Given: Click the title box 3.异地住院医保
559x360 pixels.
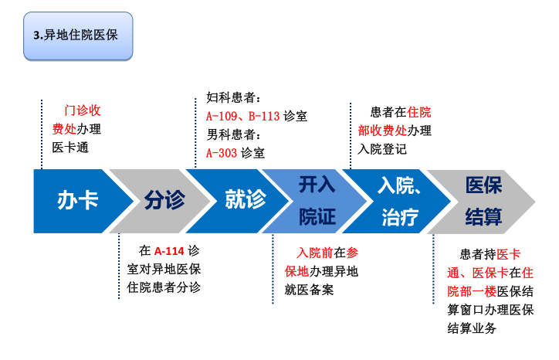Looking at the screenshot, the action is pos(78,36).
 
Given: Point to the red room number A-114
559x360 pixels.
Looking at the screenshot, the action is pos(169,251).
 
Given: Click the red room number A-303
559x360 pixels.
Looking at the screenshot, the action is pos(222,153).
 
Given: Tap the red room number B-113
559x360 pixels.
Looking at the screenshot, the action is pos(264,116).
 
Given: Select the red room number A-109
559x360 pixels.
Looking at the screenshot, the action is pos(222,116).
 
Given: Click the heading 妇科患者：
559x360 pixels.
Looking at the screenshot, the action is pos(234,97).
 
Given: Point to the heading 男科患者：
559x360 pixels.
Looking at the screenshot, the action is pos(234,134).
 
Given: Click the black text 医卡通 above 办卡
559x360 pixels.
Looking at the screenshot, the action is pos(70,148).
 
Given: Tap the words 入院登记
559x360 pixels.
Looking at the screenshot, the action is pos(382,149).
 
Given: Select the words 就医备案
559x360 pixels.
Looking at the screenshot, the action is pos(309,290).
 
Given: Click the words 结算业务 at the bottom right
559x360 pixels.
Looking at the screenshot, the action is pos(472,328).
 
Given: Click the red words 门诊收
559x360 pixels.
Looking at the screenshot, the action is pos(83,110).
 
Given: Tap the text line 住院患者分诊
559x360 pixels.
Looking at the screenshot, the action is pos(164,287).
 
